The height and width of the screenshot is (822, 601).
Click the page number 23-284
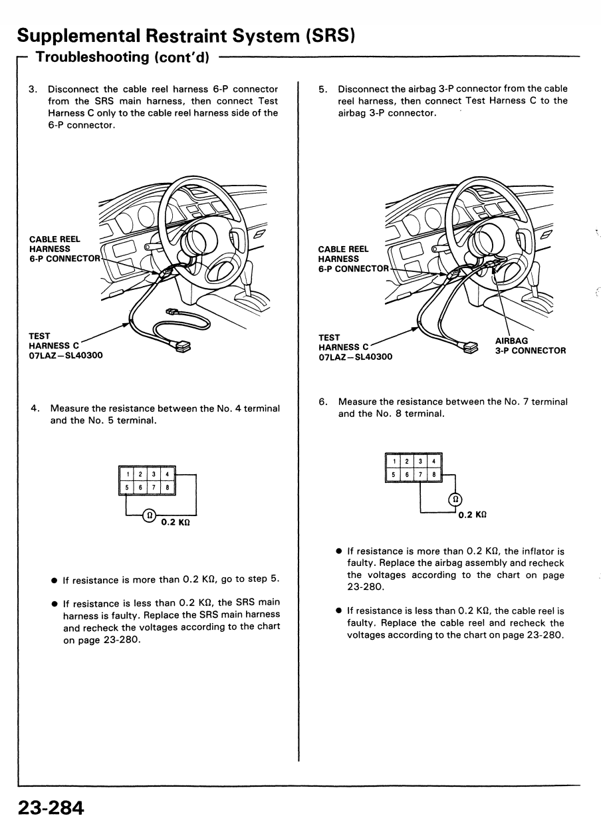[x=51, y=808]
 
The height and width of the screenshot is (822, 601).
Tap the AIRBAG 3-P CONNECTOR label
[x=530, y=346]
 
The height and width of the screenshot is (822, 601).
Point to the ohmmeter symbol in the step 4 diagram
[x=150, y=514]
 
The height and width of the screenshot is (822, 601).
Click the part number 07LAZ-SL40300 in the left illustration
[x=66, y=355]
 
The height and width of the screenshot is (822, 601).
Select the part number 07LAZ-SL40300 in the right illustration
[x=356, y=356]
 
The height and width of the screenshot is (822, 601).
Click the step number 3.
[x=33, y=89]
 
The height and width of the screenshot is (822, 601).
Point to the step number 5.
[x=322, y=89]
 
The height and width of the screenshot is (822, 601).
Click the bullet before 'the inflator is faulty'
[x=339, y=551]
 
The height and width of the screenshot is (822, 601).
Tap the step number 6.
[x=322, y=402]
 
